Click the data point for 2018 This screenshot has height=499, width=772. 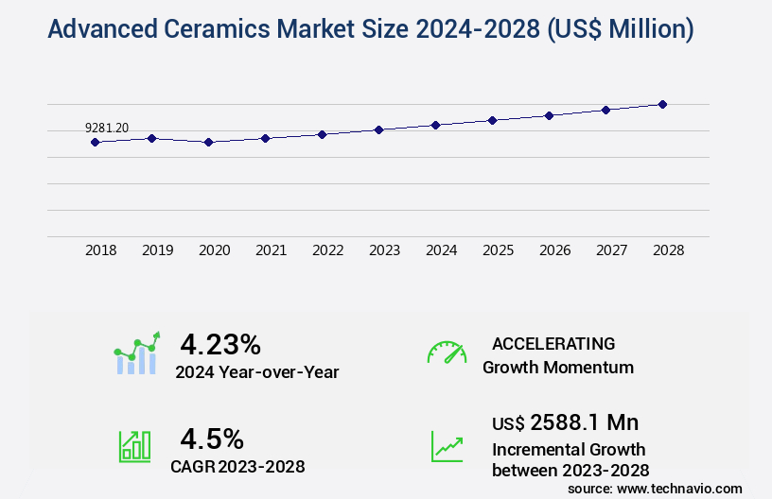[x=95, y=142]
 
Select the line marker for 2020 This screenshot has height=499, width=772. [x=208, y=142]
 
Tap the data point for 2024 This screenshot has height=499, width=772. [x=435, y=125]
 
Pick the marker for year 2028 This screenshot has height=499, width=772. [x=662, y=104]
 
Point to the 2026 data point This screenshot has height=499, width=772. [x=549, y=115]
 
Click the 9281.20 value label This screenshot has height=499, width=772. [x=107, y=128]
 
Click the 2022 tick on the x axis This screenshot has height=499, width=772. [x=327, y=250]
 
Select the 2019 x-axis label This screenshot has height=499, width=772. [x=157, y=250]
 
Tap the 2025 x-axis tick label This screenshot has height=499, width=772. [x=498, y=250]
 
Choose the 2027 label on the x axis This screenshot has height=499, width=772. [x=611, y=250]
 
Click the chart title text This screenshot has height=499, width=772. [x=370, y=29]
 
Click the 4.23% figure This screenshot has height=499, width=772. [x=220, y=343]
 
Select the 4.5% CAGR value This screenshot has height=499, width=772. [x=212, y=439]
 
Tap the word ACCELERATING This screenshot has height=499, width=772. [x=553, y=343]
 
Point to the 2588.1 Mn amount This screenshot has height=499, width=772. [x=585, y=422]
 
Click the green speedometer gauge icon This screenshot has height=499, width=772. [x=447, y=353]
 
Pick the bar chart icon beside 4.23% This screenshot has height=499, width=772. [x=137, y=353]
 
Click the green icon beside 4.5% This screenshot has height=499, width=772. [x=134, y=446]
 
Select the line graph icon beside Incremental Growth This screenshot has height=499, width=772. [x=447, y=446]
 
